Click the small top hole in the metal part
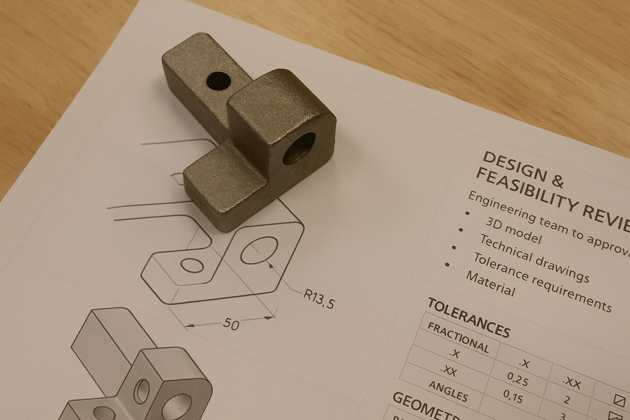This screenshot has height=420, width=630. tap(218, 81)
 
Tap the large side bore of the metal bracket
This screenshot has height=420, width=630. tap(299, 148)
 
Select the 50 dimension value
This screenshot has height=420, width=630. tap(231, 324)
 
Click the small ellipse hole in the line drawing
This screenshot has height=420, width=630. tap(192, 265)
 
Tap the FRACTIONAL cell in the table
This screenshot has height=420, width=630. tap(458, 338)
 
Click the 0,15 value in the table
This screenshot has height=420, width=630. tap(513, 396)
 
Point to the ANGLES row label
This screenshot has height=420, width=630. tap(448, 391)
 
